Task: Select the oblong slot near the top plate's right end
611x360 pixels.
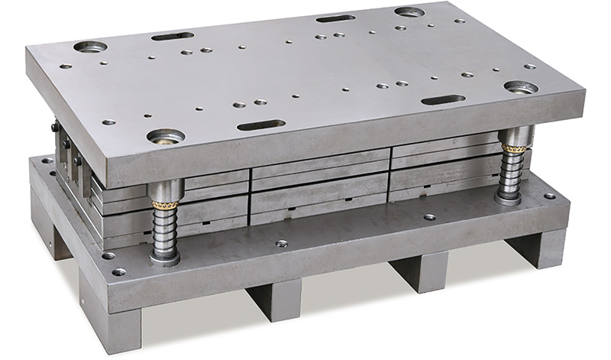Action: click(443, 99)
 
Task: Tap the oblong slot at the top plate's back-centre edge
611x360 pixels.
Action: click(335, 18)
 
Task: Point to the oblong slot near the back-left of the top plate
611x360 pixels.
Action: click(172, 36)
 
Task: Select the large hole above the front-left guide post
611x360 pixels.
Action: click(166, 137)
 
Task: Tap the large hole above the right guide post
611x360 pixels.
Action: click(521, 86)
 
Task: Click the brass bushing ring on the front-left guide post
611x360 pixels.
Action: click(166, 203)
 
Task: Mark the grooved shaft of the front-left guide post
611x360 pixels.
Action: click(165, 229)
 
